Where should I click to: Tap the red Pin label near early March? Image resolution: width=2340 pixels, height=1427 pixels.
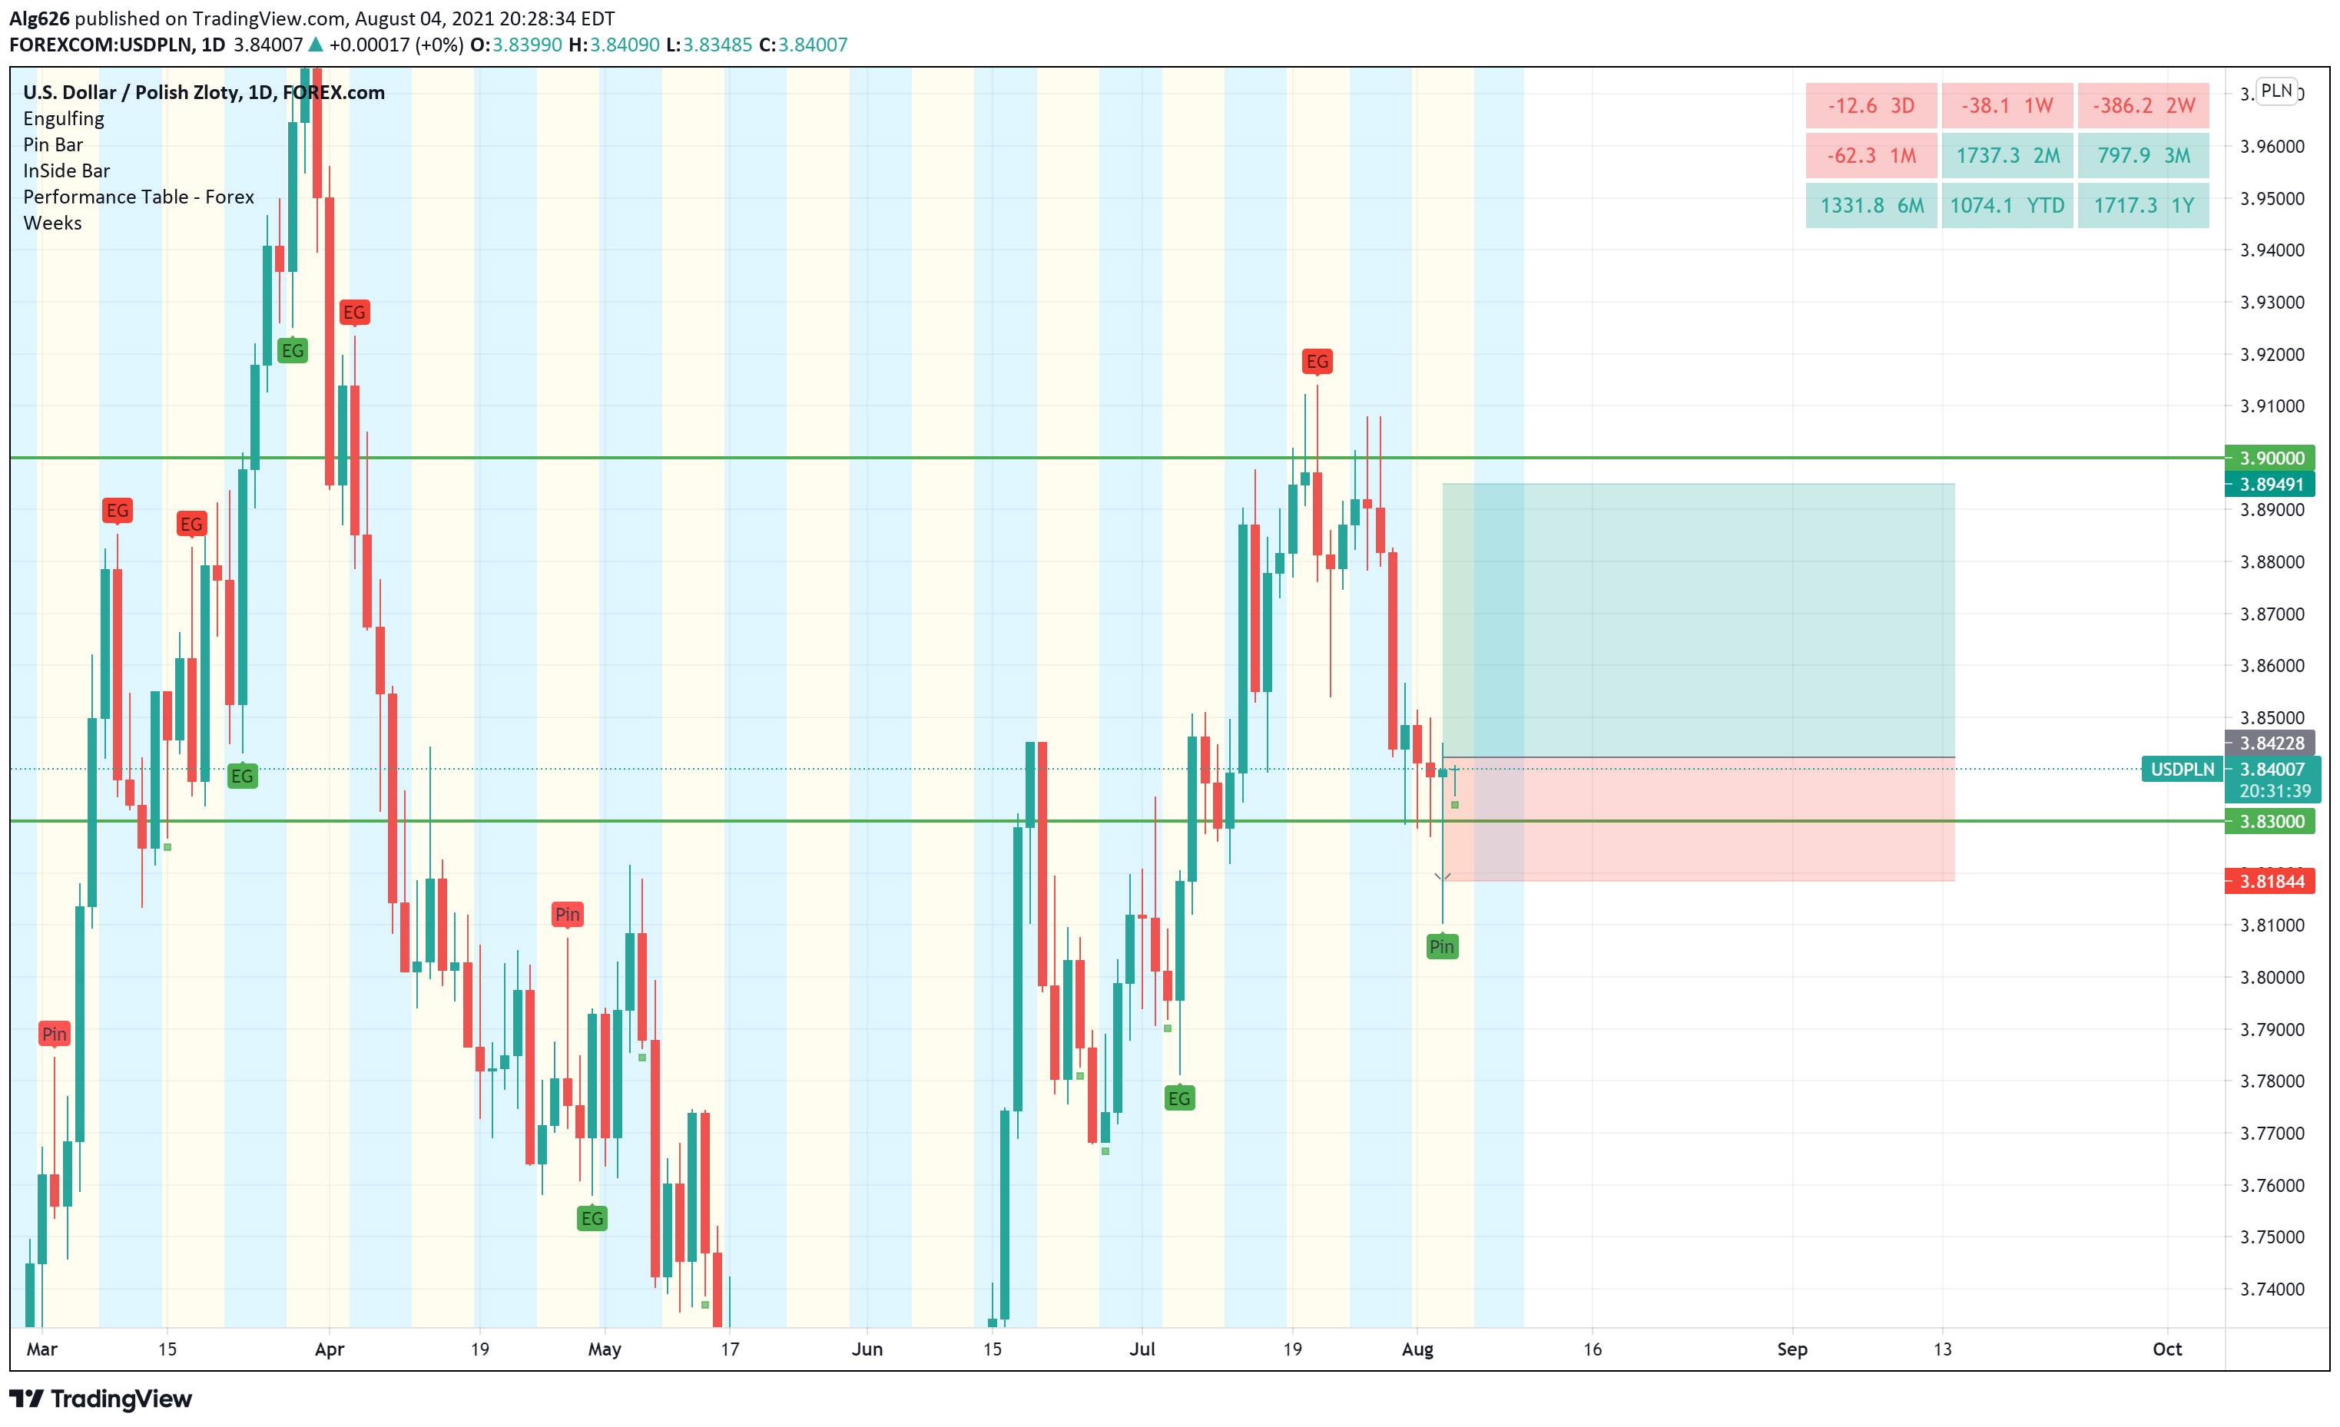tap(54, 1033)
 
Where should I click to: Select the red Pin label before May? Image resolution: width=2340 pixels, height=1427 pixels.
tap(567, 914)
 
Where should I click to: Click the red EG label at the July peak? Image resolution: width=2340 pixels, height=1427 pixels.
tap(1316, 361)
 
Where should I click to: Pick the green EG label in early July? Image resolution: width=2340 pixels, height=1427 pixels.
tap(1178, 1098)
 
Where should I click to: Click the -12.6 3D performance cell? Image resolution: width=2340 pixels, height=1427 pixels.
tap(1870, 105)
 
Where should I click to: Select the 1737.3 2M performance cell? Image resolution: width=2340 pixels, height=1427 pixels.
tap(2007, 156)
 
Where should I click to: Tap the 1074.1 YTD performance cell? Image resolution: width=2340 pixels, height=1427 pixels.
tap(2007, 205)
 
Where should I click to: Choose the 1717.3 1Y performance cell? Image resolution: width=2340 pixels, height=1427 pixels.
tap(2143, 205)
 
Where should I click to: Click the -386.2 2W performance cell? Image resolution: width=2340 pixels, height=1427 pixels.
tap(2143, 105)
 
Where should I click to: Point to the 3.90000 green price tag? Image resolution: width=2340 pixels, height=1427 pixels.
tap(2271, 458)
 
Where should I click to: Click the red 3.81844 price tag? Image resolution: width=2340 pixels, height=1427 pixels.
tap(2271, 881)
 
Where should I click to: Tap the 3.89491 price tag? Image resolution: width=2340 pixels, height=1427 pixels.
tap(2271, 484)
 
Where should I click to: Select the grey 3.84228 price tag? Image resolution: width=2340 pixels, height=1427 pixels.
tap(2271, 743)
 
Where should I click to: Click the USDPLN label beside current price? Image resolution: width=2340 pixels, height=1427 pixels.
tap(2182, 769)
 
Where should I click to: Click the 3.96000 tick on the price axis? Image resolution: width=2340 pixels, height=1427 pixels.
tap(2272, 146)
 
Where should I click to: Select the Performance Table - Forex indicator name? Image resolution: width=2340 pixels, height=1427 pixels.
tap(138, 197)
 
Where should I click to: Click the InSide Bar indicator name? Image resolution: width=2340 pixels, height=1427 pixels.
tap(67, 171)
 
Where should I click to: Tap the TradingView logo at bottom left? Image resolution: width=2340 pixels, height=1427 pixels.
tap(101, 1399)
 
